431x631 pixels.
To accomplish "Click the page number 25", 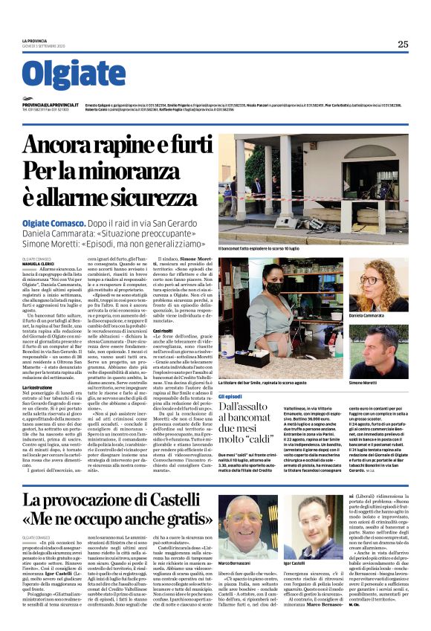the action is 402,44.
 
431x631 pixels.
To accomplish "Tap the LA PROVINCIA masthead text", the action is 34,40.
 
